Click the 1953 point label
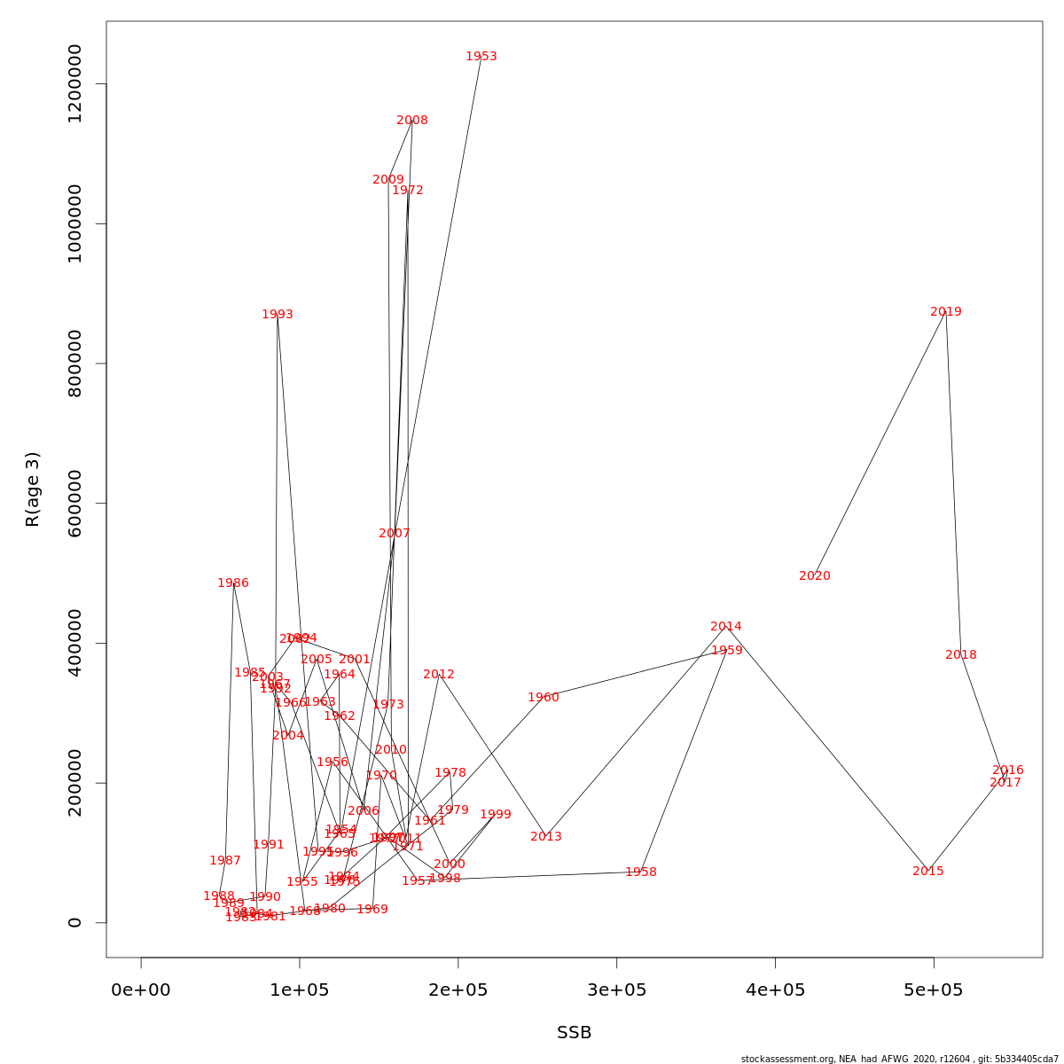[x=481, y=57]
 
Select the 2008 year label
[x=412, y=121]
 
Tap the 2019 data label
[x=946, y=312]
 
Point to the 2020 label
[x=815, y=576]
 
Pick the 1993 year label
[x=278, y=315]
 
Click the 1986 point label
[x=233, y=583]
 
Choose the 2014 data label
[x=726, y=627]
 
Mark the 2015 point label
[x=928, y=872]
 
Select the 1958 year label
[x=641, y=872]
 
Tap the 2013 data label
[x=546, y=837]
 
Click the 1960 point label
[x=544, y=698]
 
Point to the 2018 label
[x=961, y=655]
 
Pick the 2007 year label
[x=395, y=534]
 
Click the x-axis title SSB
[x=575, y=1033]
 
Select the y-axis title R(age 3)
[x=33, y=489]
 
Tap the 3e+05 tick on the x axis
[x=617, y=990]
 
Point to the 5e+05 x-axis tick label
[x=935, y=990]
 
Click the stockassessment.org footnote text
[x=900, y=1059]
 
